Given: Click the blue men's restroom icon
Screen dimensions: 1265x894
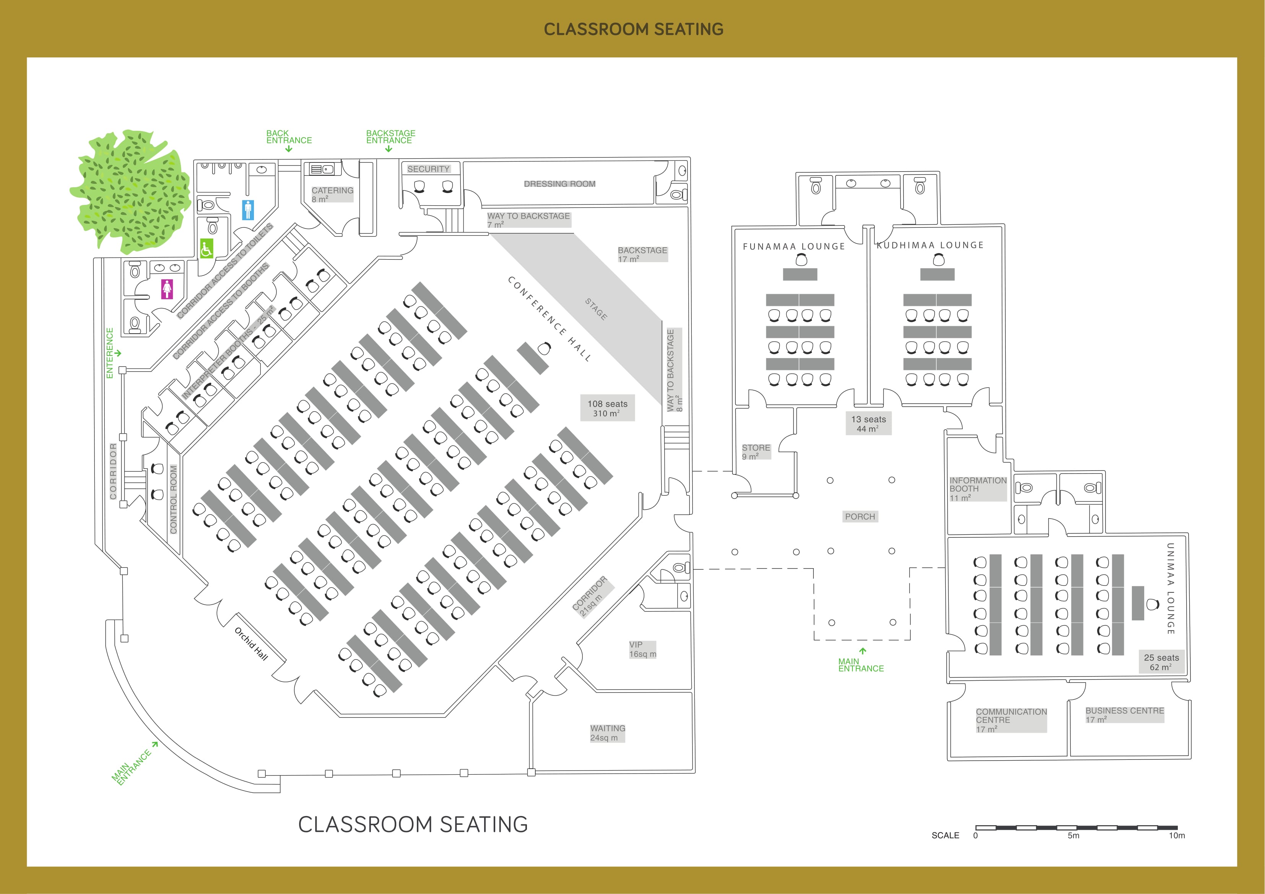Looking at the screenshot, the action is click(x=249, y=210).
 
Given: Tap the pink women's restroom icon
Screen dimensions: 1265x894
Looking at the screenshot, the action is click(x=167, y=289).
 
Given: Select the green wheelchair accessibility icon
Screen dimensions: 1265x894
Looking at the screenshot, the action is click(x=206, y=249).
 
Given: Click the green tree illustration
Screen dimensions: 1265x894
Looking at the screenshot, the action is click(x=130, y=190).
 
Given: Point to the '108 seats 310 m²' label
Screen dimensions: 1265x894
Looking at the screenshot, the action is click(x=607, y=408).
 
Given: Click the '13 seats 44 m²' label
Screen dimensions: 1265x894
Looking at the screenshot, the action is click(x=869, y=423).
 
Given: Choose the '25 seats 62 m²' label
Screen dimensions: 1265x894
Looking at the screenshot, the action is click(x=1161, y=662).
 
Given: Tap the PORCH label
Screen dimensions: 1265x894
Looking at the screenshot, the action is click(x=860, y=517).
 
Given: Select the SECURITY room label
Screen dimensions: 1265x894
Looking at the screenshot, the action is click(x=429, y=169).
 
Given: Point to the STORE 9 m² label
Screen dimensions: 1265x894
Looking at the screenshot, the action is click(x=756, y=452).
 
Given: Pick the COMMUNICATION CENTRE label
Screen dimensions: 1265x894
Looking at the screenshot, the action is click(x=1011, y=720).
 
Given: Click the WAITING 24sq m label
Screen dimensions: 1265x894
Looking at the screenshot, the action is click(x=607, y=733).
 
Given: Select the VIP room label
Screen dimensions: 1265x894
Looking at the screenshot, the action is click(x=642, y=649).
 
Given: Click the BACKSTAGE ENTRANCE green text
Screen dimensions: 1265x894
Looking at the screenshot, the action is click(x=391, y=136).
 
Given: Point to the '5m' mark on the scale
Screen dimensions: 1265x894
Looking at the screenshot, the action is click(x=1073, y=836).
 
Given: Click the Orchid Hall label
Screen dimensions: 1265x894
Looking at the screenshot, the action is click(x=251, y=643).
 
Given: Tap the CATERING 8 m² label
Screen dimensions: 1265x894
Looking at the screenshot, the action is click(x=332, y=195).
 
